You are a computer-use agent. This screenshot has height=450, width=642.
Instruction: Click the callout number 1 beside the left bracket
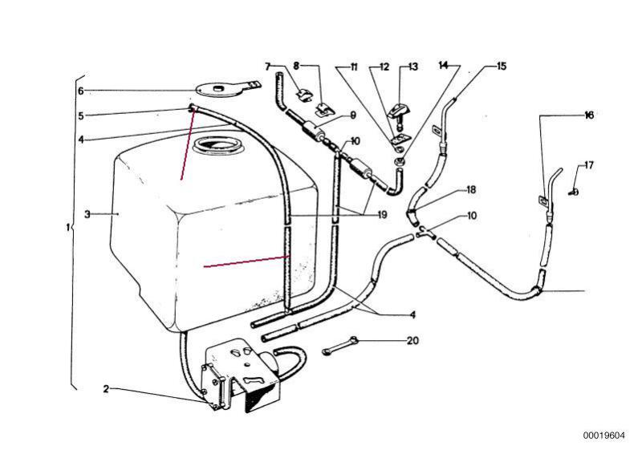[67, 228]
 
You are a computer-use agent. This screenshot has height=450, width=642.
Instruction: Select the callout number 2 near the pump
[105, 390]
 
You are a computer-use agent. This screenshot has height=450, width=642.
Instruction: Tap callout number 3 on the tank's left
[87, 214]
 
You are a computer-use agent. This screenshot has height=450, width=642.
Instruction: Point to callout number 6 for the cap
[80, 91]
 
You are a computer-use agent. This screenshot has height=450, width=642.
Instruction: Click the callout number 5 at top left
[80, 116]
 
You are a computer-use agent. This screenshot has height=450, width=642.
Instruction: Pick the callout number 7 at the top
[269, 67]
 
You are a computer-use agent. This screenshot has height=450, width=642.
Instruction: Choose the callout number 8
[296, 67]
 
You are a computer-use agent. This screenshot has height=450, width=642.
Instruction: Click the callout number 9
[351, 116]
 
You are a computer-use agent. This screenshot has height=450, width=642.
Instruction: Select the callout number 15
[502, 67]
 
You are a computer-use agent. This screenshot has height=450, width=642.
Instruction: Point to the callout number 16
[589, 116]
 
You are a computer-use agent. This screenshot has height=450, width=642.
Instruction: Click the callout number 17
[589, 166]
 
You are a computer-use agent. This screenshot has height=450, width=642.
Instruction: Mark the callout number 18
[471, 190]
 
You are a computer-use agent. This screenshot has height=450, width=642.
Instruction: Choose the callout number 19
[381, 214]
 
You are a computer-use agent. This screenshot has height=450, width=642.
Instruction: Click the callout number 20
[412, 340]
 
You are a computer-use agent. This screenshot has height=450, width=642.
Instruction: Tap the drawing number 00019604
[603, 436]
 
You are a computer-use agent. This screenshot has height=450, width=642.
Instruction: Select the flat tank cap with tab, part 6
[221, 87]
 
